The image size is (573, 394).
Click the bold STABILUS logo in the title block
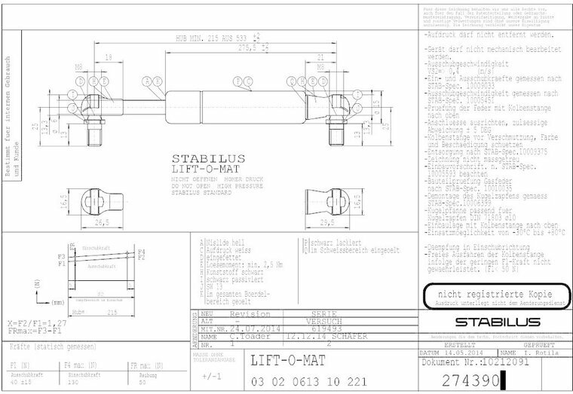pos(493,322)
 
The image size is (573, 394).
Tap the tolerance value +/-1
pos(212,374)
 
